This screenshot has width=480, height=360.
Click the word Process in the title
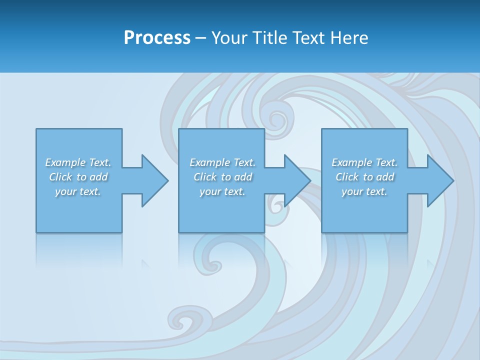(157, 38)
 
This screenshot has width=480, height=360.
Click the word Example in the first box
(65, 162)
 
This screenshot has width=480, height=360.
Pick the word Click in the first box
(60, 177)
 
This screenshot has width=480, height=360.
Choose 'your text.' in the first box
(78, 191)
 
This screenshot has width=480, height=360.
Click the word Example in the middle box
(210, 162)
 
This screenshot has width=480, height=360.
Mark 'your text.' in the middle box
(222, 191)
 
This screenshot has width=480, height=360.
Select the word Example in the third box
(352, 162)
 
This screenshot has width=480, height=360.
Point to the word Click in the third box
(347, 177)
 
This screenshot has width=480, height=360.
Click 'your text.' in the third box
(364, 191)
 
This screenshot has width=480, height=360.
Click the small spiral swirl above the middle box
(274, 119)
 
